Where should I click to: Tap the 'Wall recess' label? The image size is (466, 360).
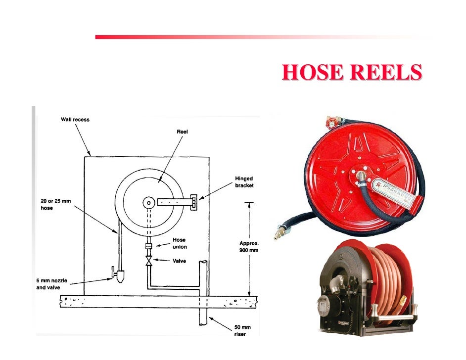[x=75, y=119]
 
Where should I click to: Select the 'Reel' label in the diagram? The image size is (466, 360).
[x=182, y=132]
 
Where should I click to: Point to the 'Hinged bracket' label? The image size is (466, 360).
[x=244, y=182]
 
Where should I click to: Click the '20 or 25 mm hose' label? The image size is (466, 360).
[x=51, y=205]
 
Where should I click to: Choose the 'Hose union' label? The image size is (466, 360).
[x=179, y=243]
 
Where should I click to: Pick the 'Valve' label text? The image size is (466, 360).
[x=179, y=261]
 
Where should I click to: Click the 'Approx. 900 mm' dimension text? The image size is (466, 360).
[x=249, y=247]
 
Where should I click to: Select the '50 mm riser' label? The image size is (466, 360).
[x=242, y=331]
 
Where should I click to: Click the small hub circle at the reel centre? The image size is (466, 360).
[x=148, y=202]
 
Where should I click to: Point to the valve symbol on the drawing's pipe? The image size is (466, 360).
[x=148, y=262]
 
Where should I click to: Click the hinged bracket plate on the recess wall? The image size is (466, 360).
[x=194, y=202]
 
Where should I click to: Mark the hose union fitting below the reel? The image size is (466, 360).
[x=148, y=246]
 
